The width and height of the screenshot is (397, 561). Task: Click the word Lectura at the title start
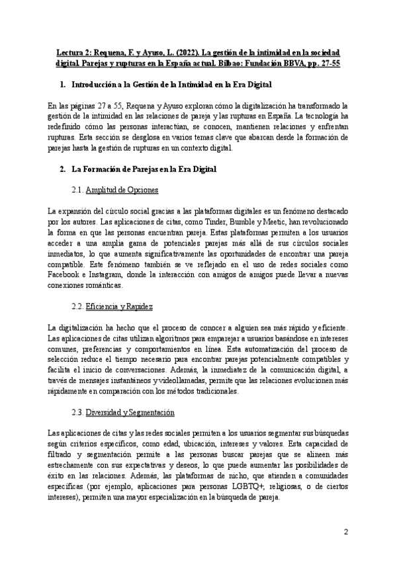coord(69,53)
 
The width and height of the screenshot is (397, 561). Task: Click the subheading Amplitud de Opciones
coord(123,191)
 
